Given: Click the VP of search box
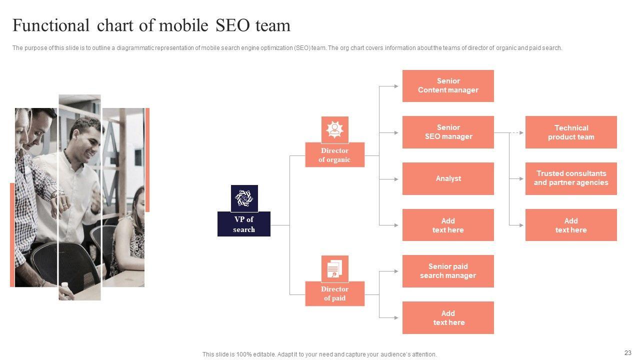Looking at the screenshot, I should click(x=244, y=224).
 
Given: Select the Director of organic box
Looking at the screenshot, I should click(x=334, y=155).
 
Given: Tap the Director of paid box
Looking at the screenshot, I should click(x=334, y=293).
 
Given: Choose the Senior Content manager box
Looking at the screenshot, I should click(x=448, y=85).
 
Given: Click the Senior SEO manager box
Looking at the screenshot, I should click(x=448, y=132).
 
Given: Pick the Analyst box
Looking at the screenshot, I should click(x=448, y=178).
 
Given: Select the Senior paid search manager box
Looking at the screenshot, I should click(x=448, y=271).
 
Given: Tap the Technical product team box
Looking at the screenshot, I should click(x=571, y=132).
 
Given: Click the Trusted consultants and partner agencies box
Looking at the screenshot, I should click(x=571, y=178).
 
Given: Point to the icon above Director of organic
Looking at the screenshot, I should click(x=334, y=129).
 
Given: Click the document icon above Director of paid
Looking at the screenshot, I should click(x=334, y=269).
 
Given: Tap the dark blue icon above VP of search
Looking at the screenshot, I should click(x=244, y=198).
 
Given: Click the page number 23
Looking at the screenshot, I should click(x=628, y=353).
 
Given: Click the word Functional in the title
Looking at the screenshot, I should click(x=50, y=25).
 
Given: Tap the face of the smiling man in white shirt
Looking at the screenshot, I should click(x=86, y=135).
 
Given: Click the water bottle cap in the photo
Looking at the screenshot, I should click(x=64, y=284).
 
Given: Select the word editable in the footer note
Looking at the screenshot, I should click(x=271, y=354).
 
